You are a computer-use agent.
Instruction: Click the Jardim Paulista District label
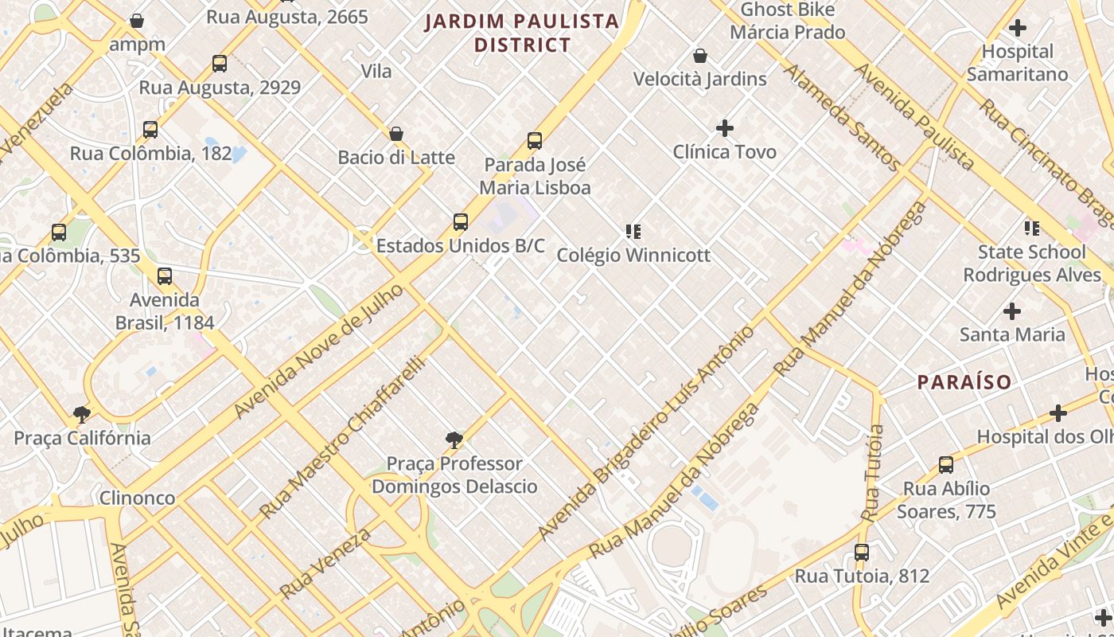pyautogui.click(x=522, y=33)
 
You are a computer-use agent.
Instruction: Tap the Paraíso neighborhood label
pyautogui.click(x=964, y=382)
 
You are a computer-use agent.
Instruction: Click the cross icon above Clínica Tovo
pyautogui.click(x=725, y=127)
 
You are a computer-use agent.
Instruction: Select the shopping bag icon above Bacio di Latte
pyautogui.click(x=396, y=133)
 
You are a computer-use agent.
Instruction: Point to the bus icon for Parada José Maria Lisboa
pyautogui.click(x=535, y=141)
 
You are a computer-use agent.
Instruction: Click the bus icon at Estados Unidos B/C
pyautogui.click(x=461, y=221)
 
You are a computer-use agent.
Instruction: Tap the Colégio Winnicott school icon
pyautogui.click(x=633, y=232)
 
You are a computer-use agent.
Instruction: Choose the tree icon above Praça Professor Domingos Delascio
pyautogui.click(x=454, y=440)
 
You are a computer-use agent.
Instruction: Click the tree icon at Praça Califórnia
pyautogui.click(x=81, y=414)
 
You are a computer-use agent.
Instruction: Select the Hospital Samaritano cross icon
pyautogui.click(x=1017, y=29)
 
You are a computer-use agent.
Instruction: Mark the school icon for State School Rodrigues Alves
pyautogui.click(x=1032, y=229)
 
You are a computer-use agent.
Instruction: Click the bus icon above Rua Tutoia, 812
pyautogui.click(x=862, y=552)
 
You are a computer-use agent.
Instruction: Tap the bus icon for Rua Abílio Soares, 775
pyautogui.click(x=946, y=464)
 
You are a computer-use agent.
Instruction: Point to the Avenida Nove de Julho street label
pyautogui.click(x=318, y=351)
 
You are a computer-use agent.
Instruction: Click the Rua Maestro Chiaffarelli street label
pyautogui.click(x=342, y=437)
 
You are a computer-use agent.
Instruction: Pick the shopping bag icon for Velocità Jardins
pyautogui.click(x=700, y=56)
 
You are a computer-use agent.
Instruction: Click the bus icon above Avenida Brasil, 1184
pyautogui.click(x=165, y=276)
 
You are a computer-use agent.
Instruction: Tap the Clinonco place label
pyautogui.click(x=137, y=498)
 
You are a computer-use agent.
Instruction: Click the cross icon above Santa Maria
pyautogui.click(x=1012, y=311)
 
